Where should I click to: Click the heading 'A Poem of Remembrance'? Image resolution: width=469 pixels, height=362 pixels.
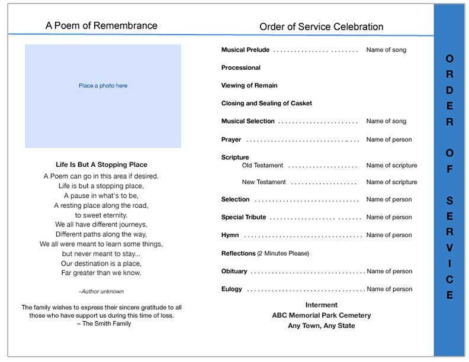[101, 26]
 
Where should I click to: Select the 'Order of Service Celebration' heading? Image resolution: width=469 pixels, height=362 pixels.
[321, 27]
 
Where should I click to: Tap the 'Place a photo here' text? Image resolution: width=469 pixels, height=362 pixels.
[103, 86]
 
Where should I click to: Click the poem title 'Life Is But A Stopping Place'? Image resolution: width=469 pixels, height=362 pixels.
[101, 164]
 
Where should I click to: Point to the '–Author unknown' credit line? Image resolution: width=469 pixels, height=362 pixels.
[101, 292]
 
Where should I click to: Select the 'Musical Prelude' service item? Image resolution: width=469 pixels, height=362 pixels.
[245, 50]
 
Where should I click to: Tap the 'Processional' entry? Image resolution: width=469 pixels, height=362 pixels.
[240, 68]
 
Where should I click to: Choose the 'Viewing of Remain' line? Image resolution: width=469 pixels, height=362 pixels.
[249, 86]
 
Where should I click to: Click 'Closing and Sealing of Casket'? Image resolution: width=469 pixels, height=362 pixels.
[266, 104]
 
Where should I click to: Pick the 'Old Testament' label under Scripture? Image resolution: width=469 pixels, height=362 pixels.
[262, 166]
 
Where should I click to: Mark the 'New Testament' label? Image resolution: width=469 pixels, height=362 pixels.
[264, 182]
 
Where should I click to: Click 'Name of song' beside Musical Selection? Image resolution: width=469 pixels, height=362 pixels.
[386, 121]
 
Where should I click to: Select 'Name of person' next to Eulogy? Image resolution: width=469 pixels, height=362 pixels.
[389, 289]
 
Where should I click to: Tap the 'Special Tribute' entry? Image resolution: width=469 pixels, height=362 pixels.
[243, 218]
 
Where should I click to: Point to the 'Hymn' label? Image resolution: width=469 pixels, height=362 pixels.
[230, 235]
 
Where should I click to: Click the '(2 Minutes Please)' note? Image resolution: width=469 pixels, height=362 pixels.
[283, 254]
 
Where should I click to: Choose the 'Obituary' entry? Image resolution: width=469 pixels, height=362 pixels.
[234, 271]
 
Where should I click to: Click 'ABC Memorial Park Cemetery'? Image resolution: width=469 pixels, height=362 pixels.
[322, 315]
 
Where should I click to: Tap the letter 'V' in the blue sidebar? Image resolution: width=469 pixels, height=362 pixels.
[449, 248]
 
